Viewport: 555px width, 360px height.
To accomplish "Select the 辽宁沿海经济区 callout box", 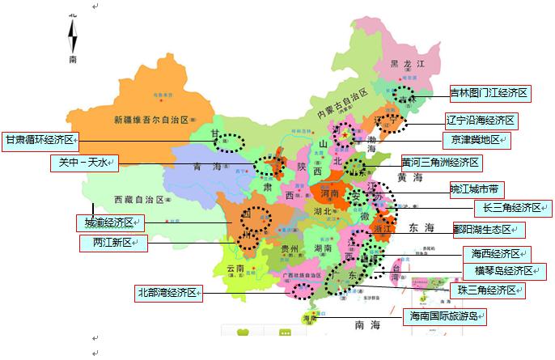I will (481, 121).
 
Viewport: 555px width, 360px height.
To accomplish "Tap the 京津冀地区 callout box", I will (477, 140).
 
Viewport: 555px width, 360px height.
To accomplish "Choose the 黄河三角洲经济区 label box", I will (441, 163).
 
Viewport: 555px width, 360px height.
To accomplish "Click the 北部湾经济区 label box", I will (169, 293).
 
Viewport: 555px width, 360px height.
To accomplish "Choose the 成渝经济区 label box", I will (109, 222).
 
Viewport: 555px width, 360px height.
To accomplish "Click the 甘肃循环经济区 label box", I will (40, 140).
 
